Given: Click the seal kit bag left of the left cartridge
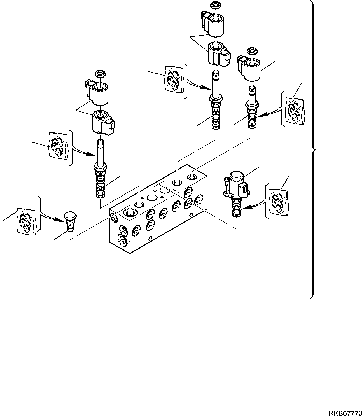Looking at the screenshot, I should (58, 146).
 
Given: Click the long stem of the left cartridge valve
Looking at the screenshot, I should (101, 153).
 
